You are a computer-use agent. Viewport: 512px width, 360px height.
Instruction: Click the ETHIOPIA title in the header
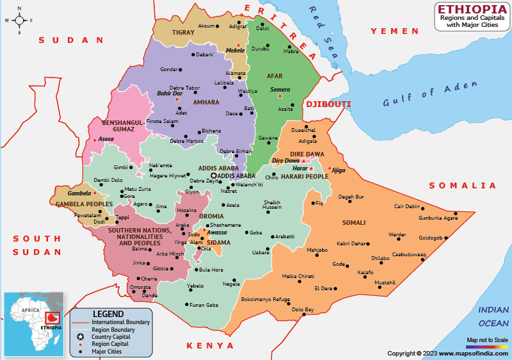(x=471, y=9)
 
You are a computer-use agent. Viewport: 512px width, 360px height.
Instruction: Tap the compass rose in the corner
(x=19, y=20)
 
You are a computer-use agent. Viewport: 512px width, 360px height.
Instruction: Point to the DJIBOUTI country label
(x=328, y=104)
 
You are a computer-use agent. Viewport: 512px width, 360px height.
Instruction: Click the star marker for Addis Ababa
(x=214, y=176)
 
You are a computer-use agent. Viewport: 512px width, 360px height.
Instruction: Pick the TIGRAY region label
(x=183, y=32)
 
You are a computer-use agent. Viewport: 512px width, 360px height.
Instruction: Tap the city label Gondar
(x=168, y=69)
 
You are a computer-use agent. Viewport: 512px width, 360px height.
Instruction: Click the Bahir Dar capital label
(x=170, y=94)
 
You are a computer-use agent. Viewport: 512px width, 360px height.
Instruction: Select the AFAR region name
(x=275, y=76)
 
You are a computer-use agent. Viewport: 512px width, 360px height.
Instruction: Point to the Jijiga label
(x=339, y=170)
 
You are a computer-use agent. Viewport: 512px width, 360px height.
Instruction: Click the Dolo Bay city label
(x=303, y=309)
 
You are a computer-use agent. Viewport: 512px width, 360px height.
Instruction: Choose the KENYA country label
(x=210, y=346)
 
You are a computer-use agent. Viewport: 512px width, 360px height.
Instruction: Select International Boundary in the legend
(x=120, y=322)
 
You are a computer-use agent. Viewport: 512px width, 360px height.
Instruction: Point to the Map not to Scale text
(x=487, y=340)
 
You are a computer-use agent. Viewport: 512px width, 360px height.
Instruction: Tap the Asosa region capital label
(x=106, y=139)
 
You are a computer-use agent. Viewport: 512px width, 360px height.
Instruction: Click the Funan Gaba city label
(x=204, y=304)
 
